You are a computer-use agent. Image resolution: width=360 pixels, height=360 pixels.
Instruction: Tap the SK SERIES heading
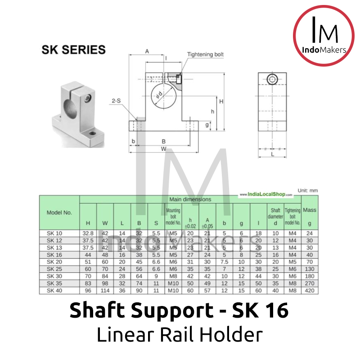click(x=73, y=49)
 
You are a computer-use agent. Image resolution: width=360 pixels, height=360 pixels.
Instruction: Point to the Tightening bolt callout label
click(x=205, y=54)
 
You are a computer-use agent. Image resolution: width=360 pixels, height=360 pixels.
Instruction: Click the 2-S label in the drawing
click(x=116, y=101)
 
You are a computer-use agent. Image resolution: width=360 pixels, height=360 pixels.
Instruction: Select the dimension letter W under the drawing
click(x=164, y=149)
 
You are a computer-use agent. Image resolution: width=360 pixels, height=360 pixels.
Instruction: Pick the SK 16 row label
click(x=55, y=254)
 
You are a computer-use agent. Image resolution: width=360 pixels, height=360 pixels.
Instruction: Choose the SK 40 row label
click(x=55, y=290)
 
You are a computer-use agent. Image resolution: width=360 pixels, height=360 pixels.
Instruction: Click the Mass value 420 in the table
click(x=310, y=290)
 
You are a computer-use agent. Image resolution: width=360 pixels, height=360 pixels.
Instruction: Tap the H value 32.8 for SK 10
click(x=88, y=233)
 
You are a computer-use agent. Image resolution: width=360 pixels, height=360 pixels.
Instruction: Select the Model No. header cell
click(x=59, y=212)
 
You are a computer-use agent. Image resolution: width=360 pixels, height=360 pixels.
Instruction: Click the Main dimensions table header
click(x=190, y=199)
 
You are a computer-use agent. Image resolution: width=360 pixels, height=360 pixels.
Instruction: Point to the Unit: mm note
click(x=307, y=191)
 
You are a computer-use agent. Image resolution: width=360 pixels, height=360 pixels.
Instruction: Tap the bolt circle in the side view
click(x=272, y=80)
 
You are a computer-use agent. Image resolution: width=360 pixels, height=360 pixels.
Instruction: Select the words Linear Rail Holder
click(x=180, y=335)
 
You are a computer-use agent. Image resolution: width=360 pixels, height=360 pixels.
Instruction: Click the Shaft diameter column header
click(x=275, y=216)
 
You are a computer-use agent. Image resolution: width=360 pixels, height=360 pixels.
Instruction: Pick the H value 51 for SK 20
click(x=88, y=262)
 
